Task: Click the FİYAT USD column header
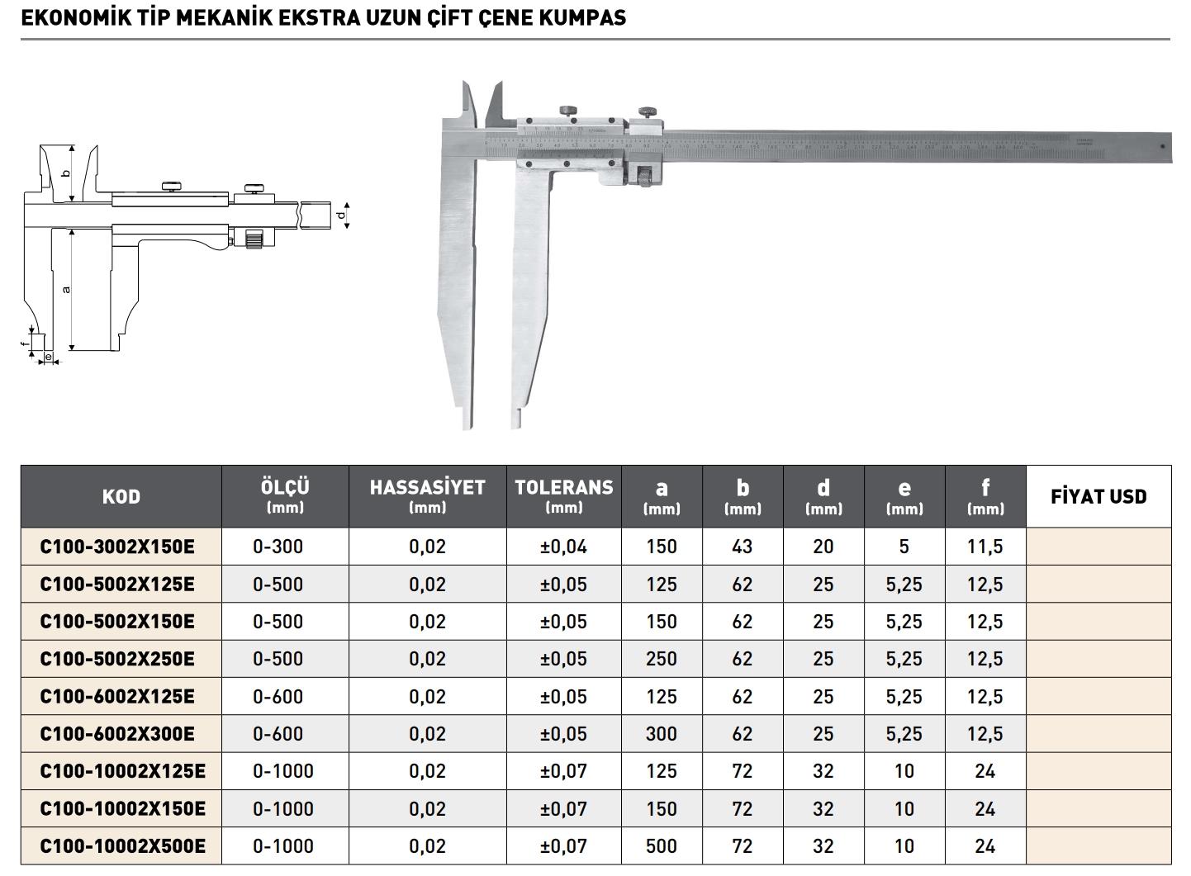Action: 1098,496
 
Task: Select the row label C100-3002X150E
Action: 117,547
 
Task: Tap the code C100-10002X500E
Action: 122,846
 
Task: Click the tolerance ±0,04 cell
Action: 563,547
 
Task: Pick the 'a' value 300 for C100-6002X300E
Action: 662,734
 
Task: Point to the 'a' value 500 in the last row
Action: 662,846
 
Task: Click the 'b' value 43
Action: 743,547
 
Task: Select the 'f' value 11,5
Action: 985,547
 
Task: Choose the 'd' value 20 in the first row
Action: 823,547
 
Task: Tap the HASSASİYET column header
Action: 427,496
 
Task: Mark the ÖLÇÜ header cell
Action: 285,496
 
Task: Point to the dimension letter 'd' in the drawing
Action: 341,215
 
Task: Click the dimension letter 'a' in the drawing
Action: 66,289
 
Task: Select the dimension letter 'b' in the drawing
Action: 66,173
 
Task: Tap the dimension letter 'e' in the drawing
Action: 49,358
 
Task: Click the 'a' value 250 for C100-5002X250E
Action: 662,659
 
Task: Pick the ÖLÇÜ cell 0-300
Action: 278,547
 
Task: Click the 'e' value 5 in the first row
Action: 904,547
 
